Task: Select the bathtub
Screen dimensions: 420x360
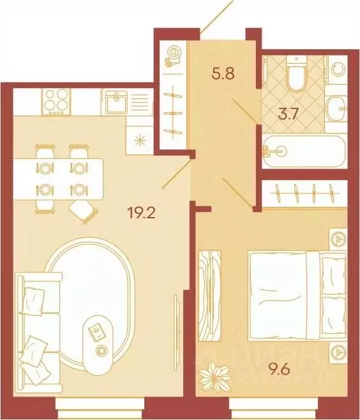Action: [x=303, y=152]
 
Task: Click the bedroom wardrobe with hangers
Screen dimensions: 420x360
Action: [x=304, y=190]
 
